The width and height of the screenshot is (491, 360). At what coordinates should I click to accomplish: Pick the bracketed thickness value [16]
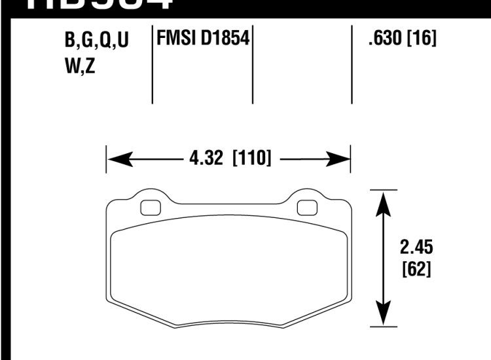coord(420,39)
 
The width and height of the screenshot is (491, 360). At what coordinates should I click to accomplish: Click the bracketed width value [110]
coord(252,158)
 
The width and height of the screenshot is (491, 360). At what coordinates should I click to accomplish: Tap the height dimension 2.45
coord(414,247)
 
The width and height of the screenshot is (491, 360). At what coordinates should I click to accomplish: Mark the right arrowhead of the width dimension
coord(340,158)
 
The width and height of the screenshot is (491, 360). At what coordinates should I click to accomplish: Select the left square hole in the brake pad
coord(151,207)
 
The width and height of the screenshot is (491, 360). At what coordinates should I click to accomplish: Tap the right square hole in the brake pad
coord(306,207)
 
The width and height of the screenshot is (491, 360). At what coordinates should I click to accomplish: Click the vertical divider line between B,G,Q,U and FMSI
coord(153,65)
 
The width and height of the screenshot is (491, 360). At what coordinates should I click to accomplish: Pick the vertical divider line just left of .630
coord(352,65)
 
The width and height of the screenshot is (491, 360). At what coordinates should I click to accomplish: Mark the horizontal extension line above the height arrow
coord(384,190)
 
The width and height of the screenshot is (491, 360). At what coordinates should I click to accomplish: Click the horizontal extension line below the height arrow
coord(384,324)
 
